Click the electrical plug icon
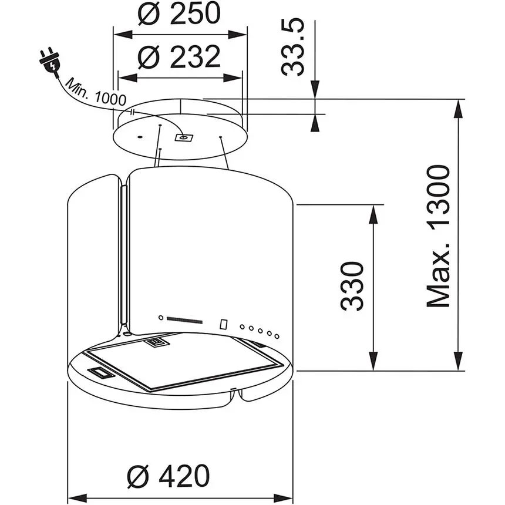[49, 60]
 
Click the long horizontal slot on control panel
[184, 320]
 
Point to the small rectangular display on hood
[224, 324]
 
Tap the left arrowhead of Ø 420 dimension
[76, 496]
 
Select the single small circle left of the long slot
[160, 318]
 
